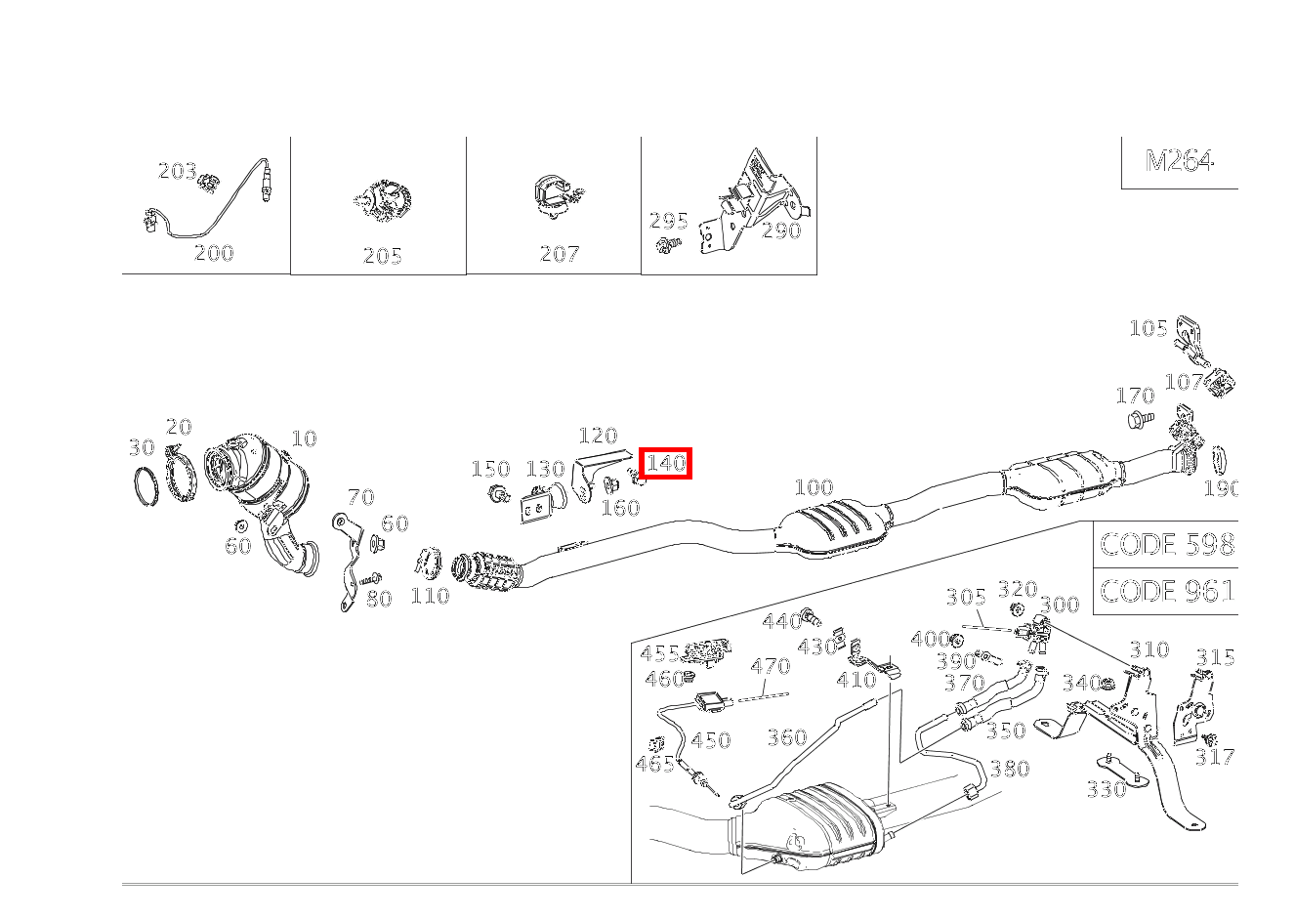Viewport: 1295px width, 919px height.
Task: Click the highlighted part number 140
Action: [x=665, y=463]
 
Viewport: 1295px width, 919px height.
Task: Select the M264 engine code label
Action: [x=1179, y=161]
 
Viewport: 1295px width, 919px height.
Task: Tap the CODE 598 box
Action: [x=1166, y=544]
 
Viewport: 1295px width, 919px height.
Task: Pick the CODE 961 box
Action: [x=1166, y=591]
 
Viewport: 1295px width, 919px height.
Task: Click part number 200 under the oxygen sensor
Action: [x=214, y=253]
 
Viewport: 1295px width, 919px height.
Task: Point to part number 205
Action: [x=382, y=256]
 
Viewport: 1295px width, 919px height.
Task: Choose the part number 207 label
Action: [x=559, y=254]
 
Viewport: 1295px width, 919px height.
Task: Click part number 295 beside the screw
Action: [x=668, y=221]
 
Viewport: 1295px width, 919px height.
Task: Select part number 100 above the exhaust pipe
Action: [x=814, y=487]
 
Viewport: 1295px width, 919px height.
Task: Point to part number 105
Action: [x=1149, y=328]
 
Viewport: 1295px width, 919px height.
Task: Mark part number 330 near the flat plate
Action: [x=1107, y=789]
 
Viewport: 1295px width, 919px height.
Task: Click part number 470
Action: [x=770, y=666]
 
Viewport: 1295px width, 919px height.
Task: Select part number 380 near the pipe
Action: [x=1010, y=769]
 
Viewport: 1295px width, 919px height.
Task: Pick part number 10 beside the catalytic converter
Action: [x=304, y=439]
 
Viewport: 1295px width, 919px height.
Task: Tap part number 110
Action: [x=430, y=596]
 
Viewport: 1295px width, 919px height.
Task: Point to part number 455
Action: [x=659, y=653]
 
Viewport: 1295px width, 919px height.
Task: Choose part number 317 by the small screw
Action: [x=1214, y=757]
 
